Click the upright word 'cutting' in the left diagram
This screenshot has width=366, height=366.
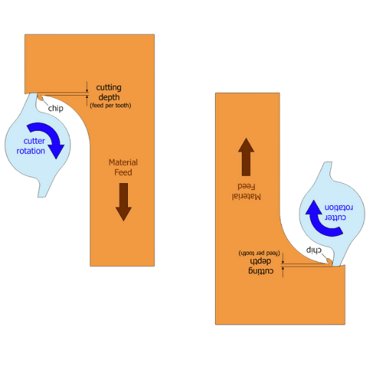pos(109,88)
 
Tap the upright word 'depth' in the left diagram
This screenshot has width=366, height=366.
pos(109,97)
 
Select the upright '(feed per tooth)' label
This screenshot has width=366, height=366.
pos(110,105)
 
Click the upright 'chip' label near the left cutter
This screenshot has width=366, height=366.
pos(56,109)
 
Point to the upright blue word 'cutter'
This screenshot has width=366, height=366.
pos(34,141)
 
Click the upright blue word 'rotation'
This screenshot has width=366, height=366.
pos(31,151)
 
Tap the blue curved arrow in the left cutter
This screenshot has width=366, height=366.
pos(48,138)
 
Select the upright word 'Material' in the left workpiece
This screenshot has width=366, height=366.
pos(123,162)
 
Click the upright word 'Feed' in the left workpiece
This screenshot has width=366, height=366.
pos(123,172)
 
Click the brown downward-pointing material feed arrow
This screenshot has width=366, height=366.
pos(124,202)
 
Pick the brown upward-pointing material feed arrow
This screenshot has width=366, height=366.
pos(246,157)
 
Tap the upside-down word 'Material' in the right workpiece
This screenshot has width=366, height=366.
pos(247,197)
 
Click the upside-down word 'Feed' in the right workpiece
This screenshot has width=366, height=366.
pos(247,187)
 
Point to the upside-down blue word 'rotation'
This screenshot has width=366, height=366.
pos(339,208)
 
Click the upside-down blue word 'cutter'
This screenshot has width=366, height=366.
pos(335,218)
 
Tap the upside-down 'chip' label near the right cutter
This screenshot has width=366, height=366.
pos(314,250)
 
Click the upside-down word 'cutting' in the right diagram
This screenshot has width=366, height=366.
pos(261,271)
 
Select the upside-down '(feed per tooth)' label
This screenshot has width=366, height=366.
pos(259,253)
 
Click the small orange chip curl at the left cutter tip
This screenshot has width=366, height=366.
pos(40,97)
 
